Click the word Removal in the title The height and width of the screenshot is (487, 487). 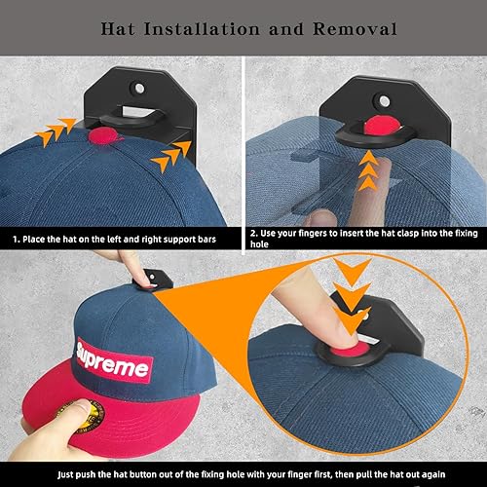pos(355,29)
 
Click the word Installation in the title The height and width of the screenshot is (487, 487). pos(202,29)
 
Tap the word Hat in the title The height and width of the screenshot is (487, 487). pos(118,29)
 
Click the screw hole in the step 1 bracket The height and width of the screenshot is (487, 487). pos(139,88)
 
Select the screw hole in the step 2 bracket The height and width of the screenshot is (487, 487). pos(385,101)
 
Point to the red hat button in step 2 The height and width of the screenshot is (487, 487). pos(382,125)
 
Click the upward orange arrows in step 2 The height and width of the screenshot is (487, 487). pos(368,171)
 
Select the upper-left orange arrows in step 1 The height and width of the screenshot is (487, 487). pos(56,131)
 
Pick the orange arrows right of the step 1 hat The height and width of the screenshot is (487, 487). pos(170,156)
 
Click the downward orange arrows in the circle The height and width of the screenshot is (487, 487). pos(352,296)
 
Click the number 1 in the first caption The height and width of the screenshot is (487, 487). pos(16,240)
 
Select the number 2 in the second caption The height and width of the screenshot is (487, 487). pos(253,234)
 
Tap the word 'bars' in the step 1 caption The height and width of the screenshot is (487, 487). pos(206,240)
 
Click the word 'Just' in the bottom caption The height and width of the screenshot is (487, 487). pos(65,474)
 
